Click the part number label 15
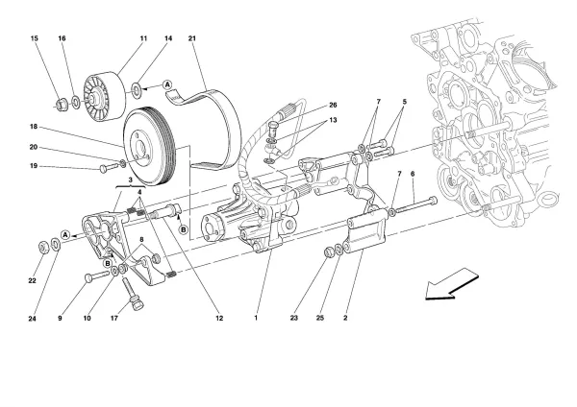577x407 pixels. coord(35,38)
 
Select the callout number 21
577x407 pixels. coord(192,38)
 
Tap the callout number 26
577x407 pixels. coord(333,105)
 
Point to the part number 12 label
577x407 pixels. coord(219,318)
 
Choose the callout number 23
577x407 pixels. coord(293,318)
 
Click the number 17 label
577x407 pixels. coord(114,318)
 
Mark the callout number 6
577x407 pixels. coord(413,174)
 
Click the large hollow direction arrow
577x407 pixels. coord(452,284)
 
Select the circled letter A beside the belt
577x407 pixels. coord(167,84)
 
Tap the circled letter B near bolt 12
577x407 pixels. coord(184,230)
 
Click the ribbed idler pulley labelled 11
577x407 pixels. coord(104,96)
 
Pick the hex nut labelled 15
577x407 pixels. coord(60,104)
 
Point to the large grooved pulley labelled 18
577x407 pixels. coord(150,146)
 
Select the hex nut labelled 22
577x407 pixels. coord(44,247)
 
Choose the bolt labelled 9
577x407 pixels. coord(97,275)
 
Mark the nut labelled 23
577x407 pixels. coord(329,252)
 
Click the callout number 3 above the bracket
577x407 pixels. coord(130,180)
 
